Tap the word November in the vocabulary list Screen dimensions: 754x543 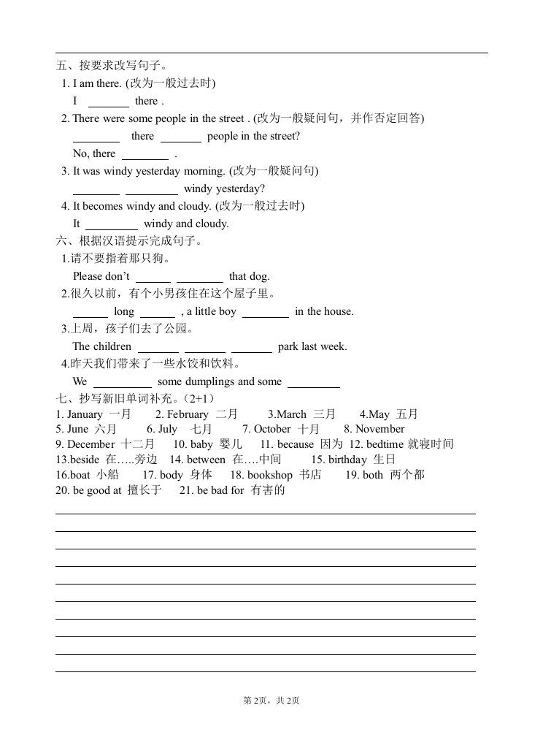coord(380,429)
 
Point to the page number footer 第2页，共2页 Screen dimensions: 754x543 coord(271,701)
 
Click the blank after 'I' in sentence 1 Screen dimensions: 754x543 coord(108,102)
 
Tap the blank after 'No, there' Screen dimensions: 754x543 coord(145,155)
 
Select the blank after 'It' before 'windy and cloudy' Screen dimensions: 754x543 coord(112,225)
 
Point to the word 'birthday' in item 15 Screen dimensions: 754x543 coord(347,460)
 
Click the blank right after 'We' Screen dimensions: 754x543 coord(122,383)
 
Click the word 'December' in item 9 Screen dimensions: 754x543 coord(91,444)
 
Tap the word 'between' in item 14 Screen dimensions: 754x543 coord(206,460)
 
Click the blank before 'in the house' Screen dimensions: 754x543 coord(265,313)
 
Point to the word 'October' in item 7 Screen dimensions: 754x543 coord(273,429)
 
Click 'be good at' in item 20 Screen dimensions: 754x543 coord(97,490)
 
